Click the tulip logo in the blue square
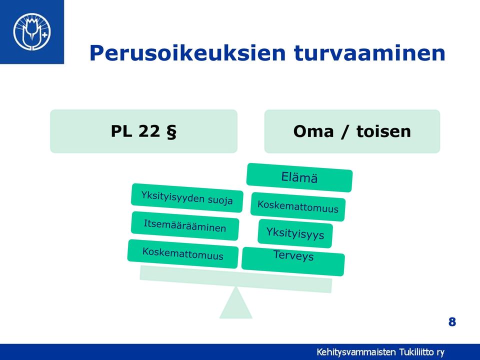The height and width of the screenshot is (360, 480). point(32,31)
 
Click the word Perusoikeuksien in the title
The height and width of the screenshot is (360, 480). point(187,53)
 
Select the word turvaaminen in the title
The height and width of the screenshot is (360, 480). point(369,53)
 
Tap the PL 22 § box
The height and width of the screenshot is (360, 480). point(144,131)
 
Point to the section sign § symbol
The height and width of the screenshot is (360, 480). point(171,132)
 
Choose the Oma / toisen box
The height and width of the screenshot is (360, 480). point(352,131)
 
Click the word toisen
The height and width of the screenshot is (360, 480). point(383,131)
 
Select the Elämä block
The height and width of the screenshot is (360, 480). point(299,177)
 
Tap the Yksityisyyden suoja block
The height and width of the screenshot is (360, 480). point(187,198)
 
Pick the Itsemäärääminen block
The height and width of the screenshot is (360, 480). point(185,225)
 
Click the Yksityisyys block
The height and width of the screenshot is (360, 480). point(295,233)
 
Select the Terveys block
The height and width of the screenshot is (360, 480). point(293,261)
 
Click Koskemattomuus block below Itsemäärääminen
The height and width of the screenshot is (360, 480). point(183,254)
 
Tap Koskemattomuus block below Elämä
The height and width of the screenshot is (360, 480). point(298,206)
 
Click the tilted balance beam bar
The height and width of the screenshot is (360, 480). point(235,279)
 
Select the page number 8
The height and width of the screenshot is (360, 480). point(452,322)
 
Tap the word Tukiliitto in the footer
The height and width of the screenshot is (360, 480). point(416,352)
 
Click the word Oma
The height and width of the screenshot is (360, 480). point(313,131)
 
